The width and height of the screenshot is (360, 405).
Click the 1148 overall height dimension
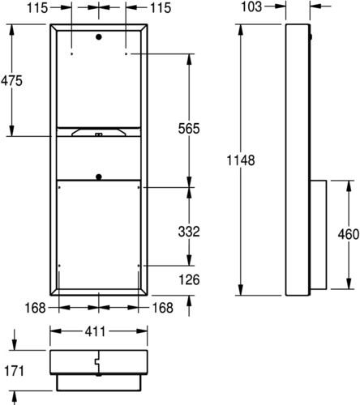coord(241,160)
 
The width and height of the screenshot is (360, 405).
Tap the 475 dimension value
coord(11,81)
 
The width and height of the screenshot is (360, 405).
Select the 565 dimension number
coord(189,129)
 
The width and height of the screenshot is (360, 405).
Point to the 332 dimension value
coord(189,232)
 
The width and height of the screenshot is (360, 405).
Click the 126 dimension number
coord(189,279)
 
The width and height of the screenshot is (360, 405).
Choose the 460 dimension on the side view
coord(349,234)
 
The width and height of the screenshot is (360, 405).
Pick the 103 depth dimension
coord(251,6)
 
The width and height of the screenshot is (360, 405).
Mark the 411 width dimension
coord(95,332)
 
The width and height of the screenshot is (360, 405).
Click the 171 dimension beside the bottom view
coord(15,371)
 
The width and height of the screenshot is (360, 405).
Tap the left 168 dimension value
coord(35,308)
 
